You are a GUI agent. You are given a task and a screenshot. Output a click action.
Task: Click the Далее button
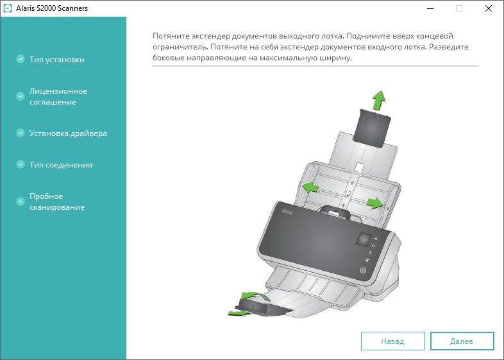(462, 341)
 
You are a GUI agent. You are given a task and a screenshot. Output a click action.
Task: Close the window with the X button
(488, 8)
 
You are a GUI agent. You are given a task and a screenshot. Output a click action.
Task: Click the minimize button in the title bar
(430, 8)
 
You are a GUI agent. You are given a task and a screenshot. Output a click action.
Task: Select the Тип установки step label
(57, 60)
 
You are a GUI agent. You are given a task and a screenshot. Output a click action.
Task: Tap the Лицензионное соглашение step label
(58, 96)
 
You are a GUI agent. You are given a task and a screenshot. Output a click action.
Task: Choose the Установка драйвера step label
(68, 133)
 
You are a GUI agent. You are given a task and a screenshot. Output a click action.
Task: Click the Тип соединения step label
(61, 165)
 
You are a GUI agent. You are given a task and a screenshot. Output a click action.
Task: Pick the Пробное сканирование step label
(57, 201)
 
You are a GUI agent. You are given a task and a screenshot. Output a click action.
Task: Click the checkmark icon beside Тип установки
(21, 59)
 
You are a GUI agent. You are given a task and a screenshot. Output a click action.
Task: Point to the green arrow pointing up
(380, 100)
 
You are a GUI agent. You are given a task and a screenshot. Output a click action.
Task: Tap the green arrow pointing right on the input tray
(374, 203)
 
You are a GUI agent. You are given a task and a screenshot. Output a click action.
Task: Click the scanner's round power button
(363, 270)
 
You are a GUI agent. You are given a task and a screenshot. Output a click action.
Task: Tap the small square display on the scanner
(363, 239)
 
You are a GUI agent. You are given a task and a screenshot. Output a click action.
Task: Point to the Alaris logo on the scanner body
(287, 211)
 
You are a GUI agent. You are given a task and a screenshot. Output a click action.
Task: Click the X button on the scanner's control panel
(367, 260)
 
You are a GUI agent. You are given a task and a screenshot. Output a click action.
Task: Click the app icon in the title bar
(8, 8)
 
